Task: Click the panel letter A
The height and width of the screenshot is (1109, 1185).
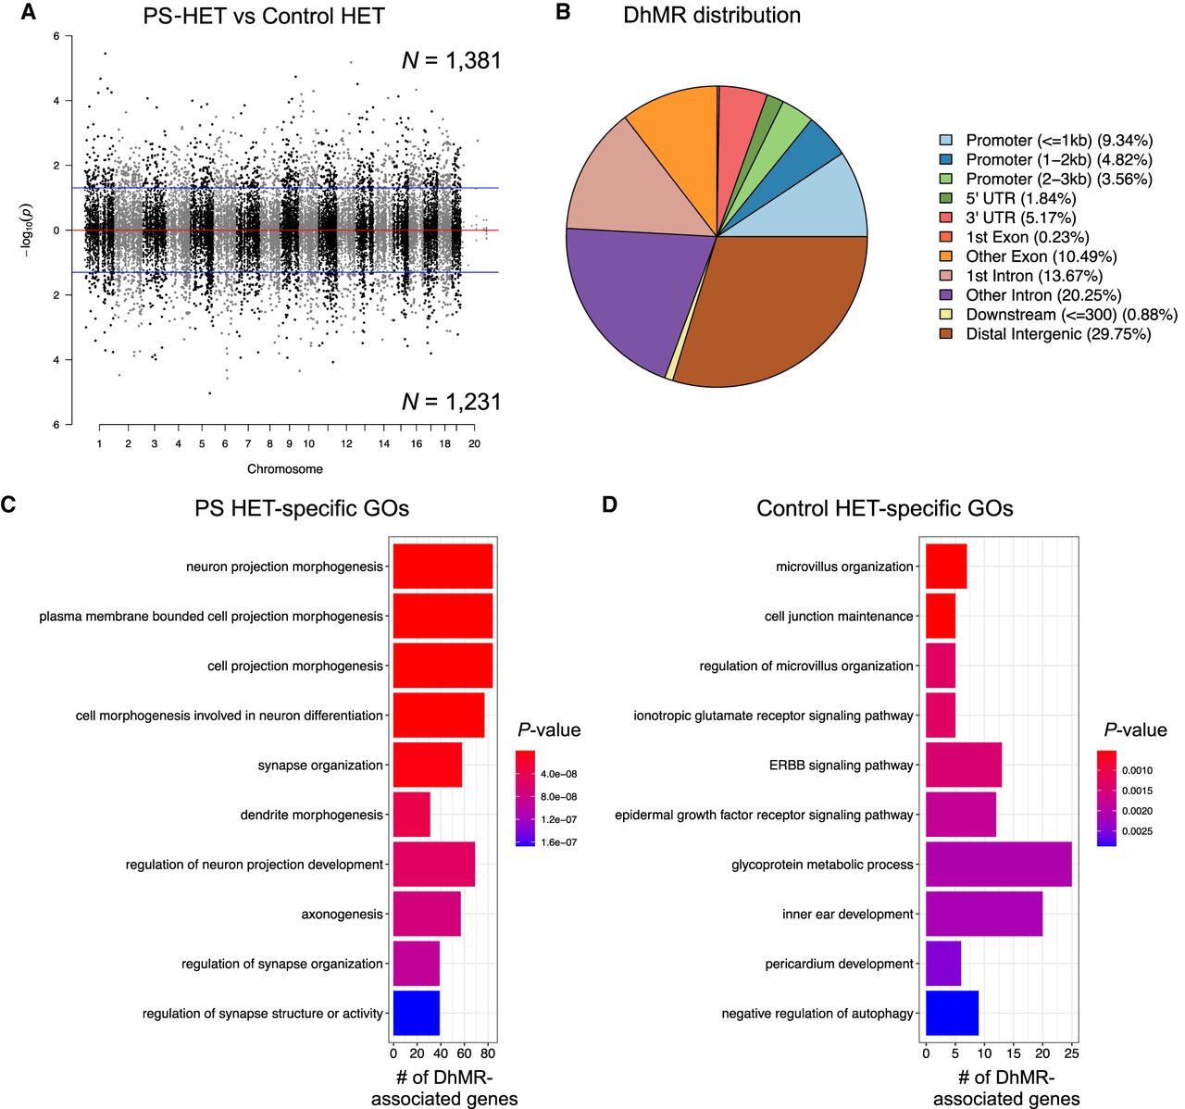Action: pyautogui.click(x=30, y=13)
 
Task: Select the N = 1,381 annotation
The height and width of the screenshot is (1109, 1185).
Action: pyautogui.click(x=451, y=61)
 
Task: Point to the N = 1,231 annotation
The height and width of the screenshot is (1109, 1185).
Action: pyautogui.click(x=451, y=402)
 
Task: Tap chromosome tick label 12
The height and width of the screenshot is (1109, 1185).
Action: pyautogui.click(x=346, y=444)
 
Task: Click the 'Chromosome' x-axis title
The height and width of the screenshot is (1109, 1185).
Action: pyautogui.click(x=285, y=469)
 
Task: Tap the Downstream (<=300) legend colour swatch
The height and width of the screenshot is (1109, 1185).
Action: pyautogui.click(x=945, y=315)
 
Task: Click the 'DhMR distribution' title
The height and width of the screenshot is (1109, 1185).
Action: pyautogui.click(x=712, y=16)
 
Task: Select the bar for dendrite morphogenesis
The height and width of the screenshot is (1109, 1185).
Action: pyautogui.click(x=412, y=815)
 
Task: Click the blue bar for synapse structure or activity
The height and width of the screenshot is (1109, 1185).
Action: pyautogui.click(x=417, y=1013)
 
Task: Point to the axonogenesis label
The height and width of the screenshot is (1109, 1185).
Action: pyautogui.click(x=342, y=915)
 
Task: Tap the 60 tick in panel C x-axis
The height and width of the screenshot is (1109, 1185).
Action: pyautogui.click(x=465, y=1053)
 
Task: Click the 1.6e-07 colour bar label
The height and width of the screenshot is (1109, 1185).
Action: pyautogui.click(x=558, y=842)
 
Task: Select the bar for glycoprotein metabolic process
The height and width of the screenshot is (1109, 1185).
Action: pyautogui.click(x=999, y=865)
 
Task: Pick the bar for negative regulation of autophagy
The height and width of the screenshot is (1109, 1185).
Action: pyautogui.click(x=952, y=1013)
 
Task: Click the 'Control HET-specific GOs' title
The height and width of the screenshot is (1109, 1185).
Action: pyautogui.click(x=884, y=509)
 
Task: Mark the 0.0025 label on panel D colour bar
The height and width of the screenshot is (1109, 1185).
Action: pyautogui.click(x=1137, y=831)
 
